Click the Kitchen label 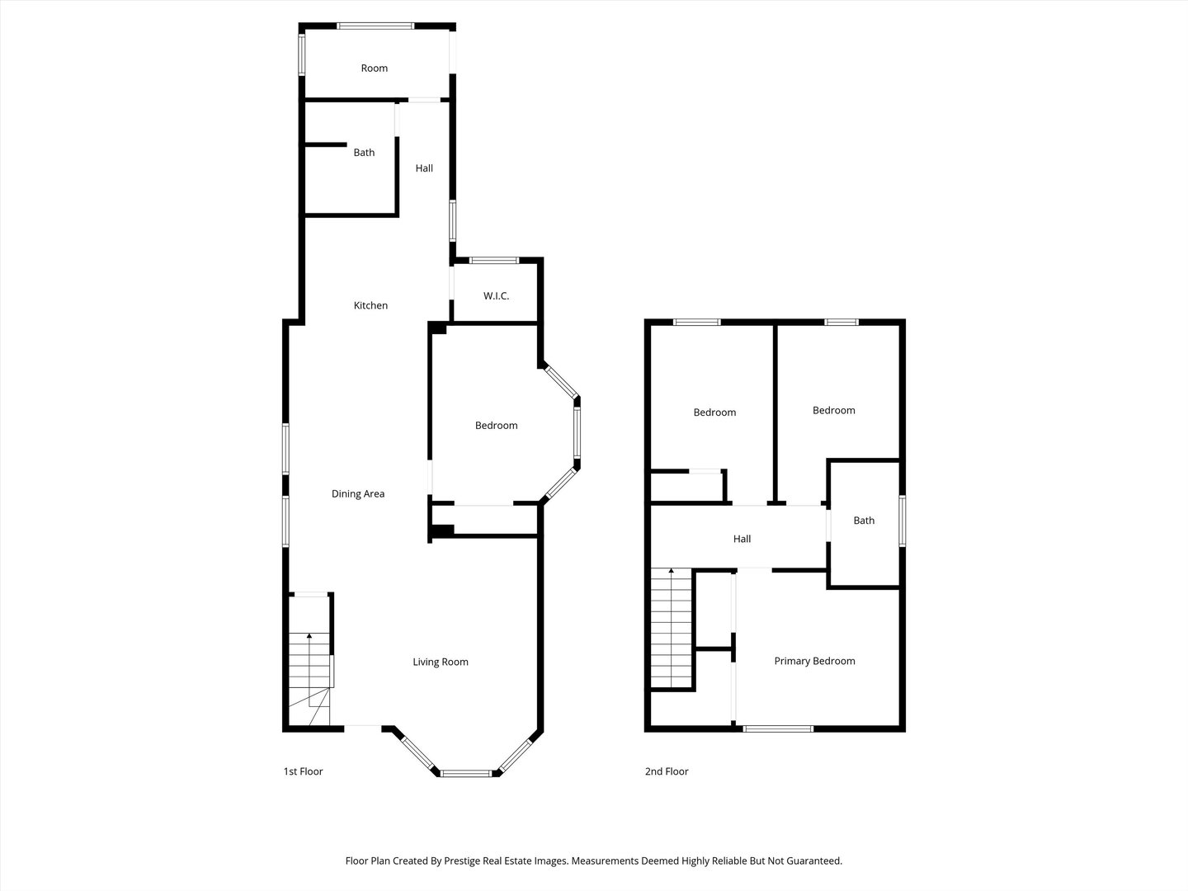click(370, 305)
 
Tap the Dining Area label click(358, 494)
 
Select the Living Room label click(441, 662)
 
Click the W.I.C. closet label click(496, 295)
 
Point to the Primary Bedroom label click(814, 661)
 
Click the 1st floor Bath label click(364, 153)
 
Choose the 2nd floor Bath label click(864, 521)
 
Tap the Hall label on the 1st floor click(424, 168)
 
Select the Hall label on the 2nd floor click(742, 540)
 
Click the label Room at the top click(374, 68)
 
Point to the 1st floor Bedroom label click(496, 426)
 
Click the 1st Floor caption click(303, 771)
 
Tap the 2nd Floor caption click(666, 771)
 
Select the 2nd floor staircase click(671, 627)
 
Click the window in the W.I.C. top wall click(494, 261)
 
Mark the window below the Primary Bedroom click(778, 728)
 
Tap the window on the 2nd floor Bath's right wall click(902, 520)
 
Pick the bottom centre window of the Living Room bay click(465, 773)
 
